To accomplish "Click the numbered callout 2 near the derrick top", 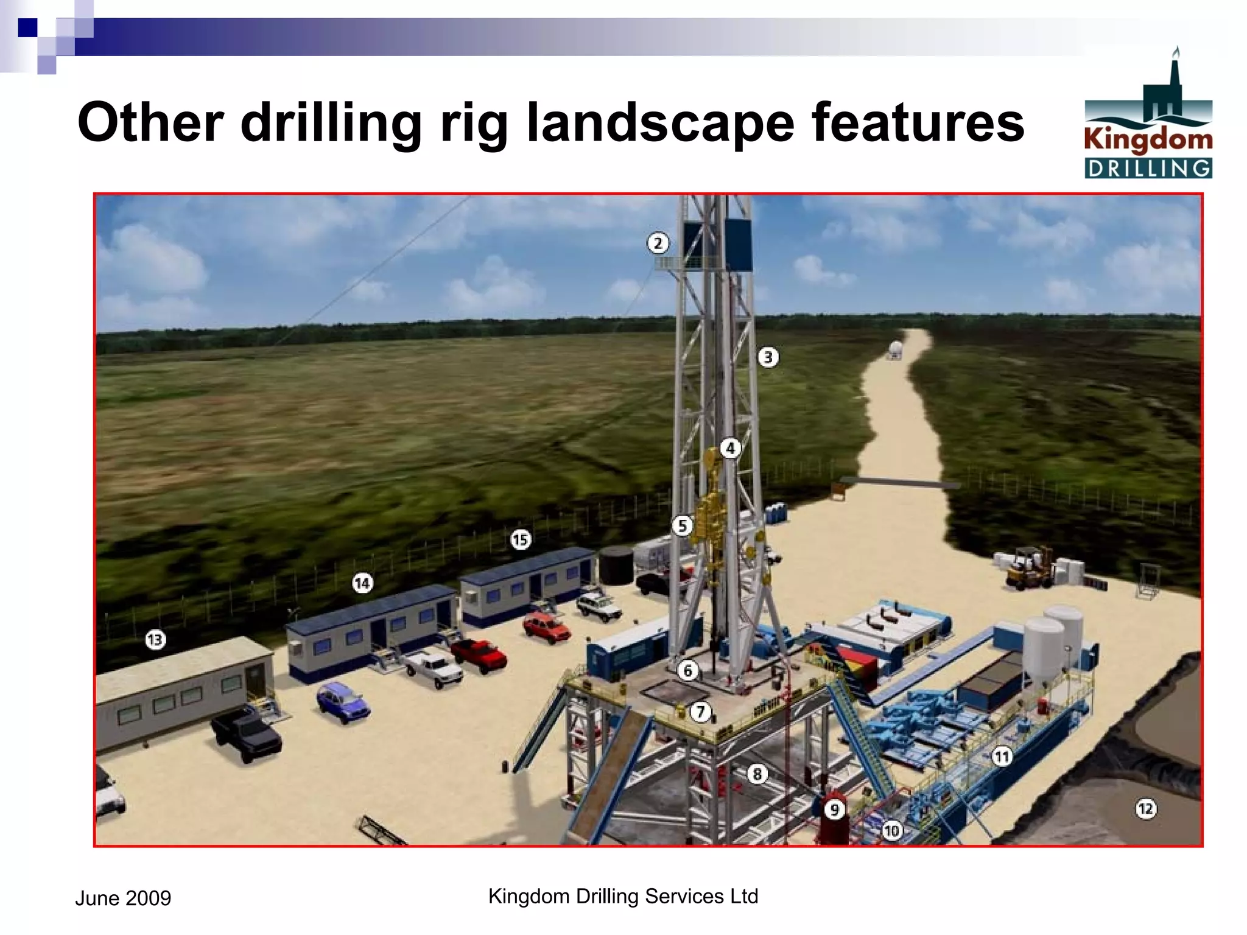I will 658,243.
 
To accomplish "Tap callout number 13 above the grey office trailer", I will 155,640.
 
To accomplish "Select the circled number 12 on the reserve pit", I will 1145,809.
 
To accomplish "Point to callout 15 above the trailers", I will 521,539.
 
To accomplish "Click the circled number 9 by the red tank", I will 835,810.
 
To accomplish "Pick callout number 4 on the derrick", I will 731,449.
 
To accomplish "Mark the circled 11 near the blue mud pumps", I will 1002,757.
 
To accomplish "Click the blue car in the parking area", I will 343,702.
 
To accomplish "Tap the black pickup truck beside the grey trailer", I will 247,735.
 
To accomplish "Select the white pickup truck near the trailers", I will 434,667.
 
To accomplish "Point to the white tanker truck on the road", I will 895,350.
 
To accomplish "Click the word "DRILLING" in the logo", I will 1148,169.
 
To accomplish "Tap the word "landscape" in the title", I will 660,124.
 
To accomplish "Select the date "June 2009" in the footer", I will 123,898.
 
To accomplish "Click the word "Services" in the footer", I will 684,896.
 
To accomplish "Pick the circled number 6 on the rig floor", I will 688,671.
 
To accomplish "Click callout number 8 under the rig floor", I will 757,774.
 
